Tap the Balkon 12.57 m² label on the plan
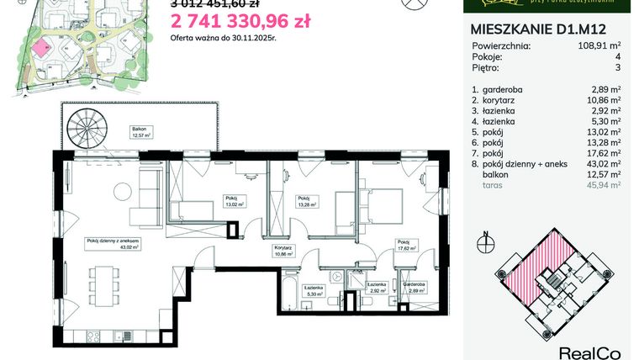tap(140, 133)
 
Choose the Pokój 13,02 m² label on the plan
tap(234, 202)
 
